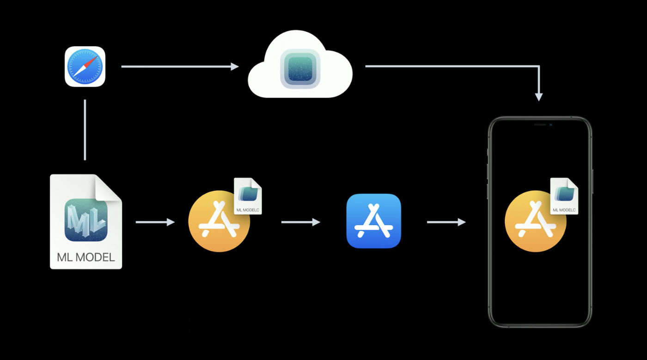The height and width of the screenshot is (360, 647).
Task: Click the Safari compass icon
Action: (85, 67)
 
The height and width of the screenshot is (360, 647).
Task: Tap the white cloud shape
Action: (300, 64)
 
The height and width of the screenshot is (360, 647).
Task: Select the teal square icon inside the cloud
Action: (300, 69)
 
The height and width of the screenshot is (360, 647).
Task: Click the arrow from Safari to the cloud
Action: (180, 67)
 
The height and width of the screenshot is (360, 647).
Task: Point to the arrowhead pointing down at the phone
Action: (539, 97)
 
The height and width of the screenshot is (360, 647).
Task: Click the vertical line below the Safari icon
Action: (85, 130)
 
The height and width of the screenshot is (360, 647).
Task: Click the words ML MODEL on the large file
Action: (86, 257)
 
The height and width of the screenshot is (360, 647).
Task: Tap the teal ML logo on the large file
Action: (86, 220)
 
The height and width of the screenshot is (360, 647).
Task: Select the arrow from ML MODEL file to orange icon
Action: (155, 222)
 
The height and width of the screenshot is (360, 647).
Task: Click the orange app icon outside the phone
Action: (219, 221)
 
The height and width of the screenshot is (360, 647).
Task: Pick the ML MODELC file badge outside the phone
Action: (248, 196)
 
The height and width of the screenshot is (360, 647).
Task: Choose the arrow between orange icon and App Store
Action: (301, 222)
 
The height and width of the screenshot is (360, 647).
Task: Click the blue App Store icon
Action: (373, 221)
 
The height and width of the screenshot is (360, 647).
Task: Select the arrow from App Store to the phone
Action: (446, 222)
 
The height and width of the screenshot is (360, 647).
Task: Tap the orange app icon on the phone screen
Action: (536, 221)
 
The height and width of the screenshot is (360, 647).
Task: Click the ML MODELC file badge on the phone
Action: (564, 196)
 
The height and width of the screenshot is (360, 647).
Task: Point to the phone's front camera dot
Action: (551, 125)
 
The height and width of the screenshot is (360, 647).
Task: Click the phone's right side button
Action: (592, 182)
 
